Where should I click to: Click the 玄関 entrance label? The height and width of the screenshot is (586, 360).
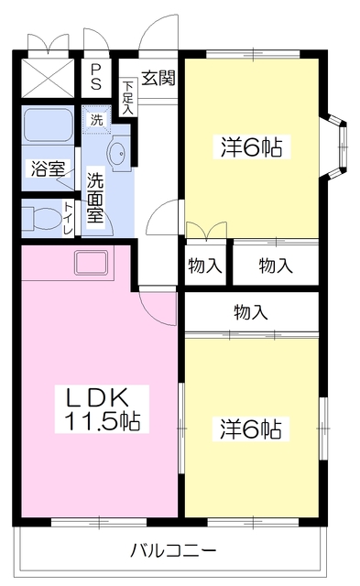[158, 77]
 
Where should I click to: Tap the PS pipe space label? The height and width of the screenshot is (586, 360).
[95, 77]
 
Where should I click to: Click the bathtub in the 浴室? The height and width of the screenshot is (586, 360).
[47, 125]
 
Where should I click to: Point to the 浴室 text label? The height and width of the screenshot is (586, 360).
[47, 168]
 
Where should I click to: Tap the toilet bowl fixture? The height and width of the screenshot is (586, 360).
[42, 218]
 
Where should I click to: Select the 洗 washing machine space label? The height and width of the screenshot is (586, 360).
[96, 118]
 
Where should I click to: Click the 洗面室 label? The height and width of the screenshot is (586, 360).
[95, 195]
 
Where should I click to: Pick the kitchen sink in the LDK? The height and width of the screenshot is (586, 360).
[92, 263]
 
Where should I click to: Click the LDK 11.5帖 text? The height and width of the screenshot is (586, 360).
[102, 409]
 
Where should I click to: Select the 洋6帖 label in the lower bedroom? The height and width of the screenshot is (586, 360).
[249, 428]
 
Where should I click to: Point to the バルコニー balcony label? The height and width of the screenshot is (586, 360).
[172, 551]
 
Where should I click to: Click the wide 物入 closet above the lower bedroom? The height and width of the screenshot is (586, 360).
[250, 312]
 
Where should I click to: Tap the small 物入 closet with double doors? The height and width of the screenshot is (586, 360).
[205, 266]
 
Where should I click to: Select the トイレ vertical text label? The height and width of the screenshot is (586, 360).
[68, 218]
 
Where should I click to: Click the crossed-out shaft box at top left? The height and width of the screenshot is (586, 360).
[46, 76]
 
